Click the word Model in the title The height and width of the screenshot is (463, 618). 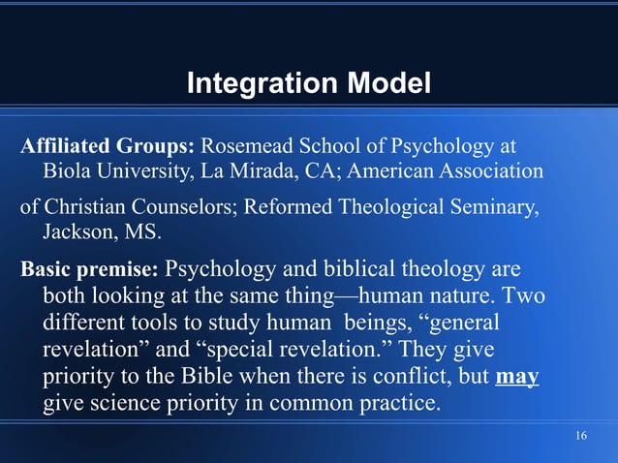point(385,84)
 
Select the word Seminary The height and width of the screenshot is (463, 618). point(489,207)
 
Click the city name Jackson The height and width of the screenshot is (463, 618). point(78,233)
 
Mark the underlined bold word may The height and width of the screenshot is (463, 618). point(516,375)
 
